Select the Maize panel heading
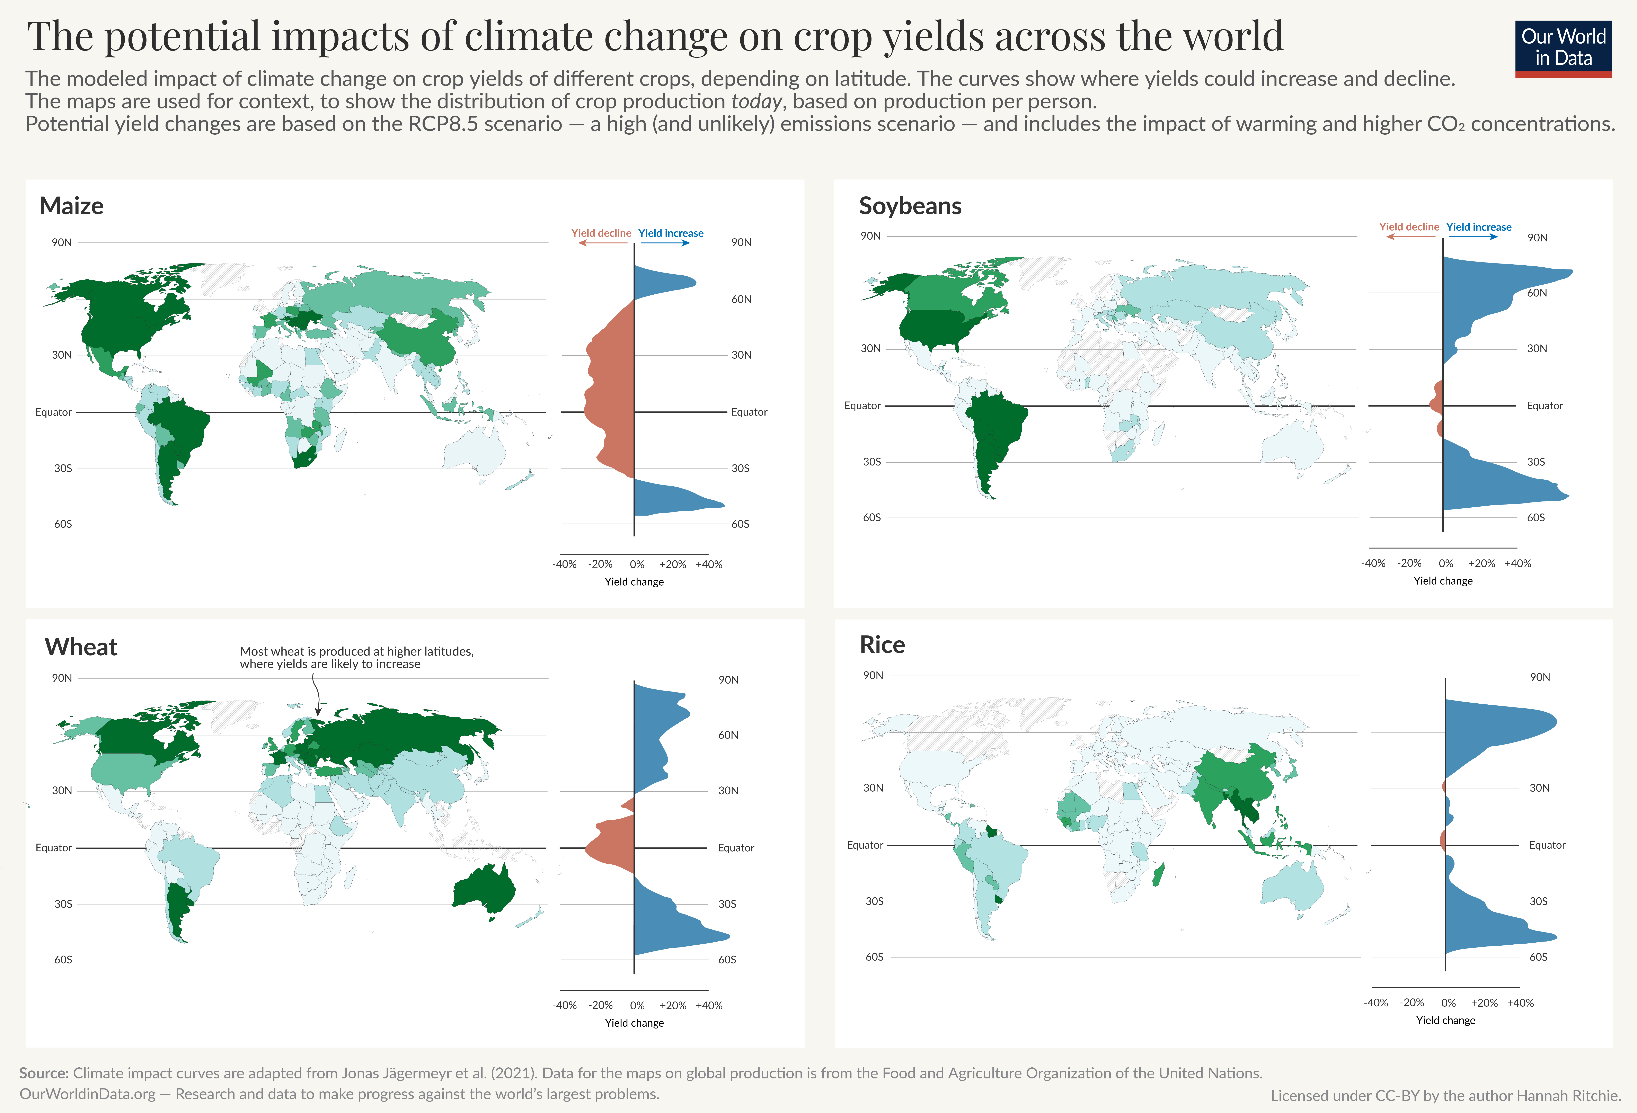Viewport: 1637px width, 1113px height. click(71, 206)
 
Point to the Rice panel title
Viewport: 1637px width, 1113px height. click(882, 644)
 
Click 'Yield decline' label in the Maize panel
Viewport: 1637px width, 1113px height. click(601, 233)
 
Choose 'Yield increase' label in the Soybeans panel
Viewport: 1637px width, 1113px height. click(1478, 227)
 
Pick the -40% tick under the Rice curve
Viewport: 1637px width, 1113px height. click(1376, 1002)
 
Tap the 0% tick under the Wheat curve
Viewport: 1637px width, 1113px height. click(637, 1005)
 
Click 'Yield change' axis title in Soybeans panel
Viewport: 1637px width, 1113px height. click(1443, 581)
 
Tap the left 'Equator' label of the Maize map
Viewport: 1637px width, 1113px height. click(54, 412)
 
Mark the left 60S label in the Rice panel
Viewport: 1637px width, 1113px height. click(874, 957)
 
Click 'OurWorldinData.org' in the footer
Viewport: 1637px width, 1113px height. click(87, 1094)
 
